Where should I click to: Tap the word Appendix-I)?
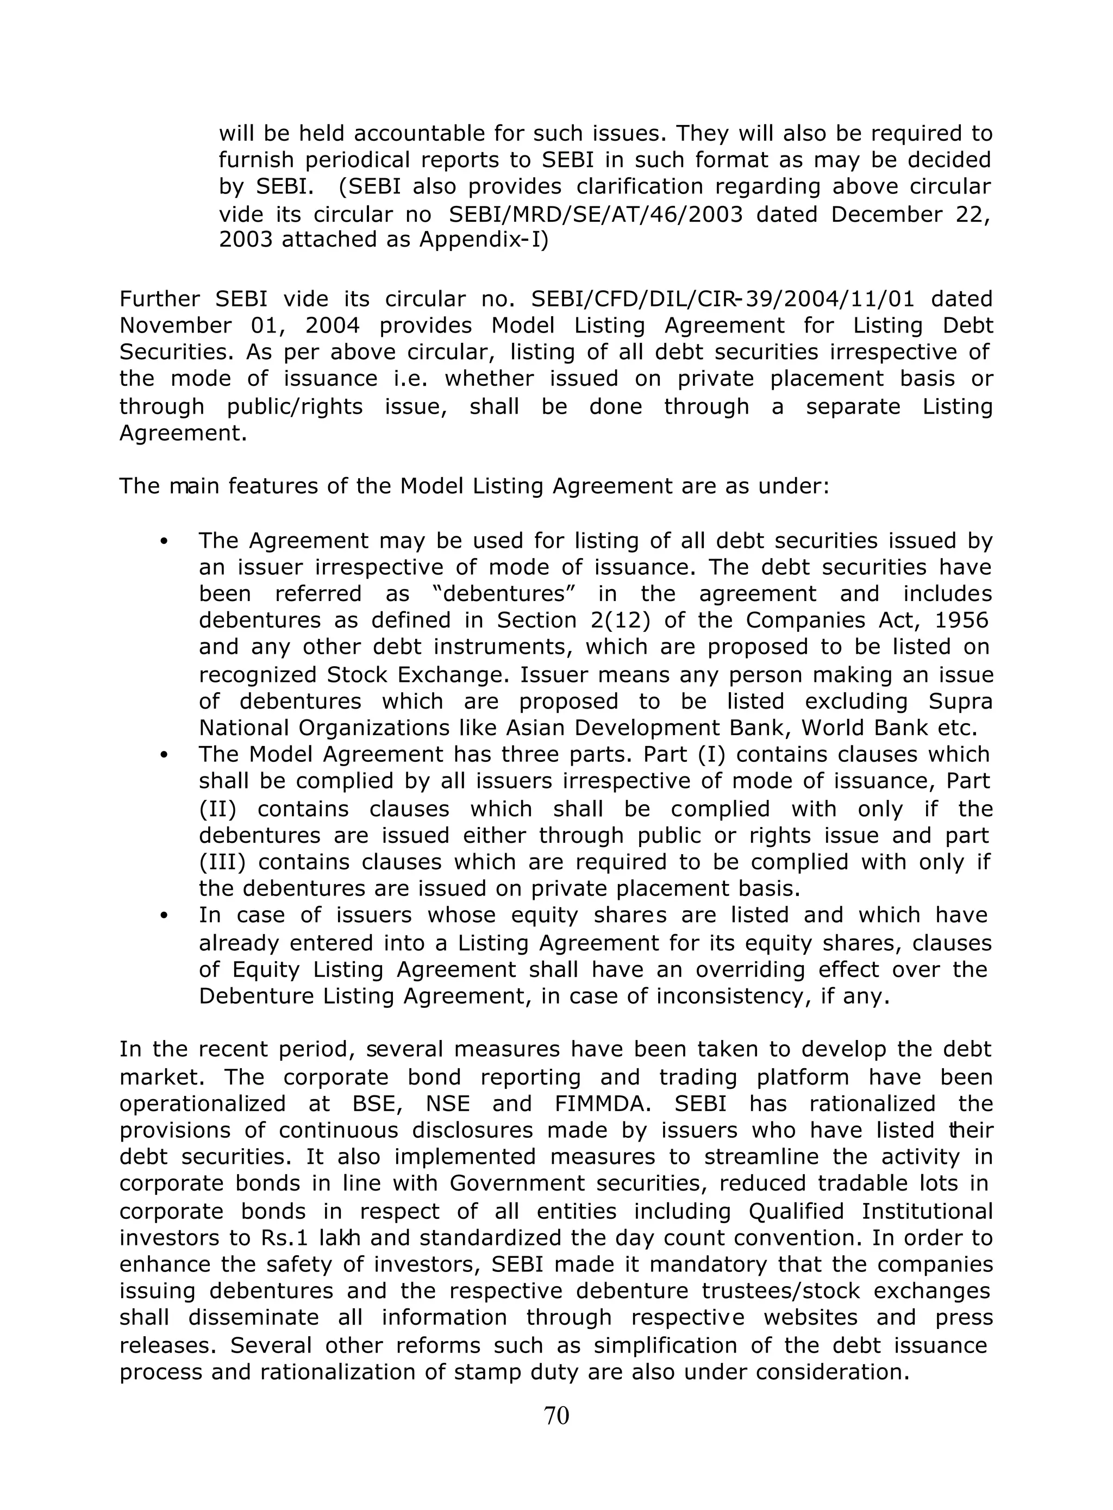point(484,240)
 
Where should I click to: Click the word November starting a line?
point(175,325)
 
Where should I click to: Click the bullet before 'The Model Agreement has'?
point(163,756)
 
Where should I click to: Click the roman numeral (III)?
point(222,862)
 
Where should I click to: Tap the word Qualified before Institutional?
point(796,1212)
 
